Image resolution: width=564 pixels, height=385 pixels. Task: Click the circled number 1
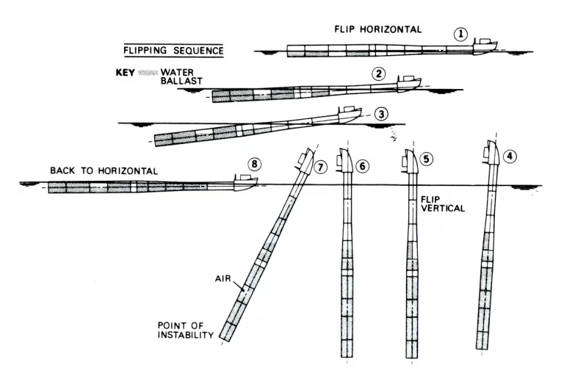coord(460,33)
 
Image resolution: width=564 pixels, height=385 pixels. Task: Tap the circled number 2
coord(378,73)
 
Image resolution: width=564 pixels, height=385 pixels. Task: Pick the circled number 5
coord(429,159)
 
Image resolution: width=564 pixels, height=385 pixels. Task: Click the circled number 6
coord(362,166)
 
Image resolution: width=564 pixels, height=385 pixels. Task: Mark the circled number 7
coord(319,167)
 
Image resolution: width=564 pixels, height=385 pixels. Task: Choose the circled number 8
coord(253,163)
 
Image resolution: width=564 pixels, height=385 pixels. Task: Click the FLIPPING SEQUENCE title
coord(173,51)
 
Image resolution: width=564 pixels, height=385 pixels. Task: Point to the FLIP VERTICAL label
coord(442,204)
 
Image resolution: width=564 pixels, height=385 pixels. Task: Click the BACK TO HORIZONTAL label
coord(104,170)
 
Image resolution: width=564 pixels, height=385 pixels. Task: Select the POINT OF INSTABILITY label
coord(184,330)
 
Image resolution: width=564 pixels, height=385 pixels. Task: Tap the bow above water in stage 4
coord(493,155)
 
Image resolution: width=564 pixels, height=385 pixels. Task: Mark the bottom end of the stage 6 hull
coord(344,358)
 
